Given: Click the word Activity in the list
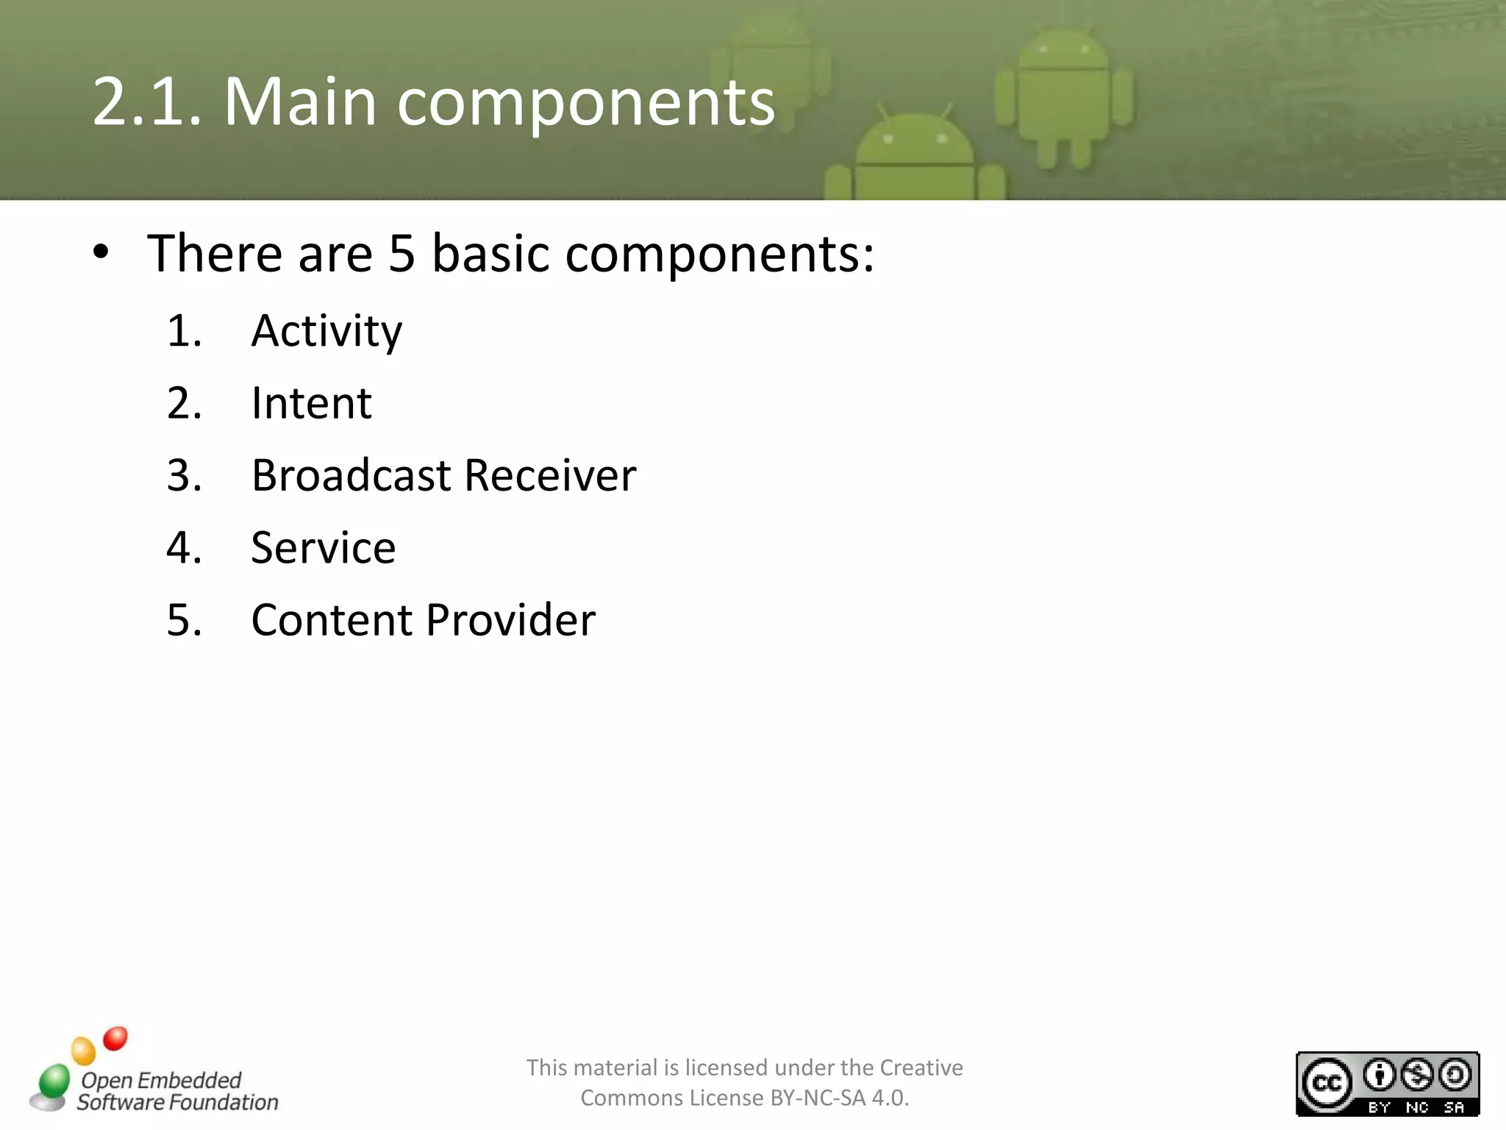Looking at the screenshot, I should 326,331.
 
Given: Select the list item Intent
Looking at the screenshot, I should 311,403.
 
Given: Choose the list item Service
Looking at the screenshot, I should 323,547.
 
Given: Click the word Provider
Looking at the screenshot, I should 510,619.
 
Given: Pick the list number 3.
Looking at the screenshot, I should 183,475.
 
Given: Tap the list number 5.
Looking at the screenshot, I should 183,619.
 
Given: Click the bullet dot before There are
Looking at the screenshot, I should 101,252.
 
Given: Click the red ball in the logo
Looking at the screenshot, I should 115,1039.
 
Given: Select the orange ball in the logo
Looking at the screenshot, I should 83,1051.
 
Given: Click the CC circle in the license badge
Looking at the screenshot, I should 1327,1084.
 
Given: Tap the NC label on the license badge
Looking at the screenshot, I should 1417,1107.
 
